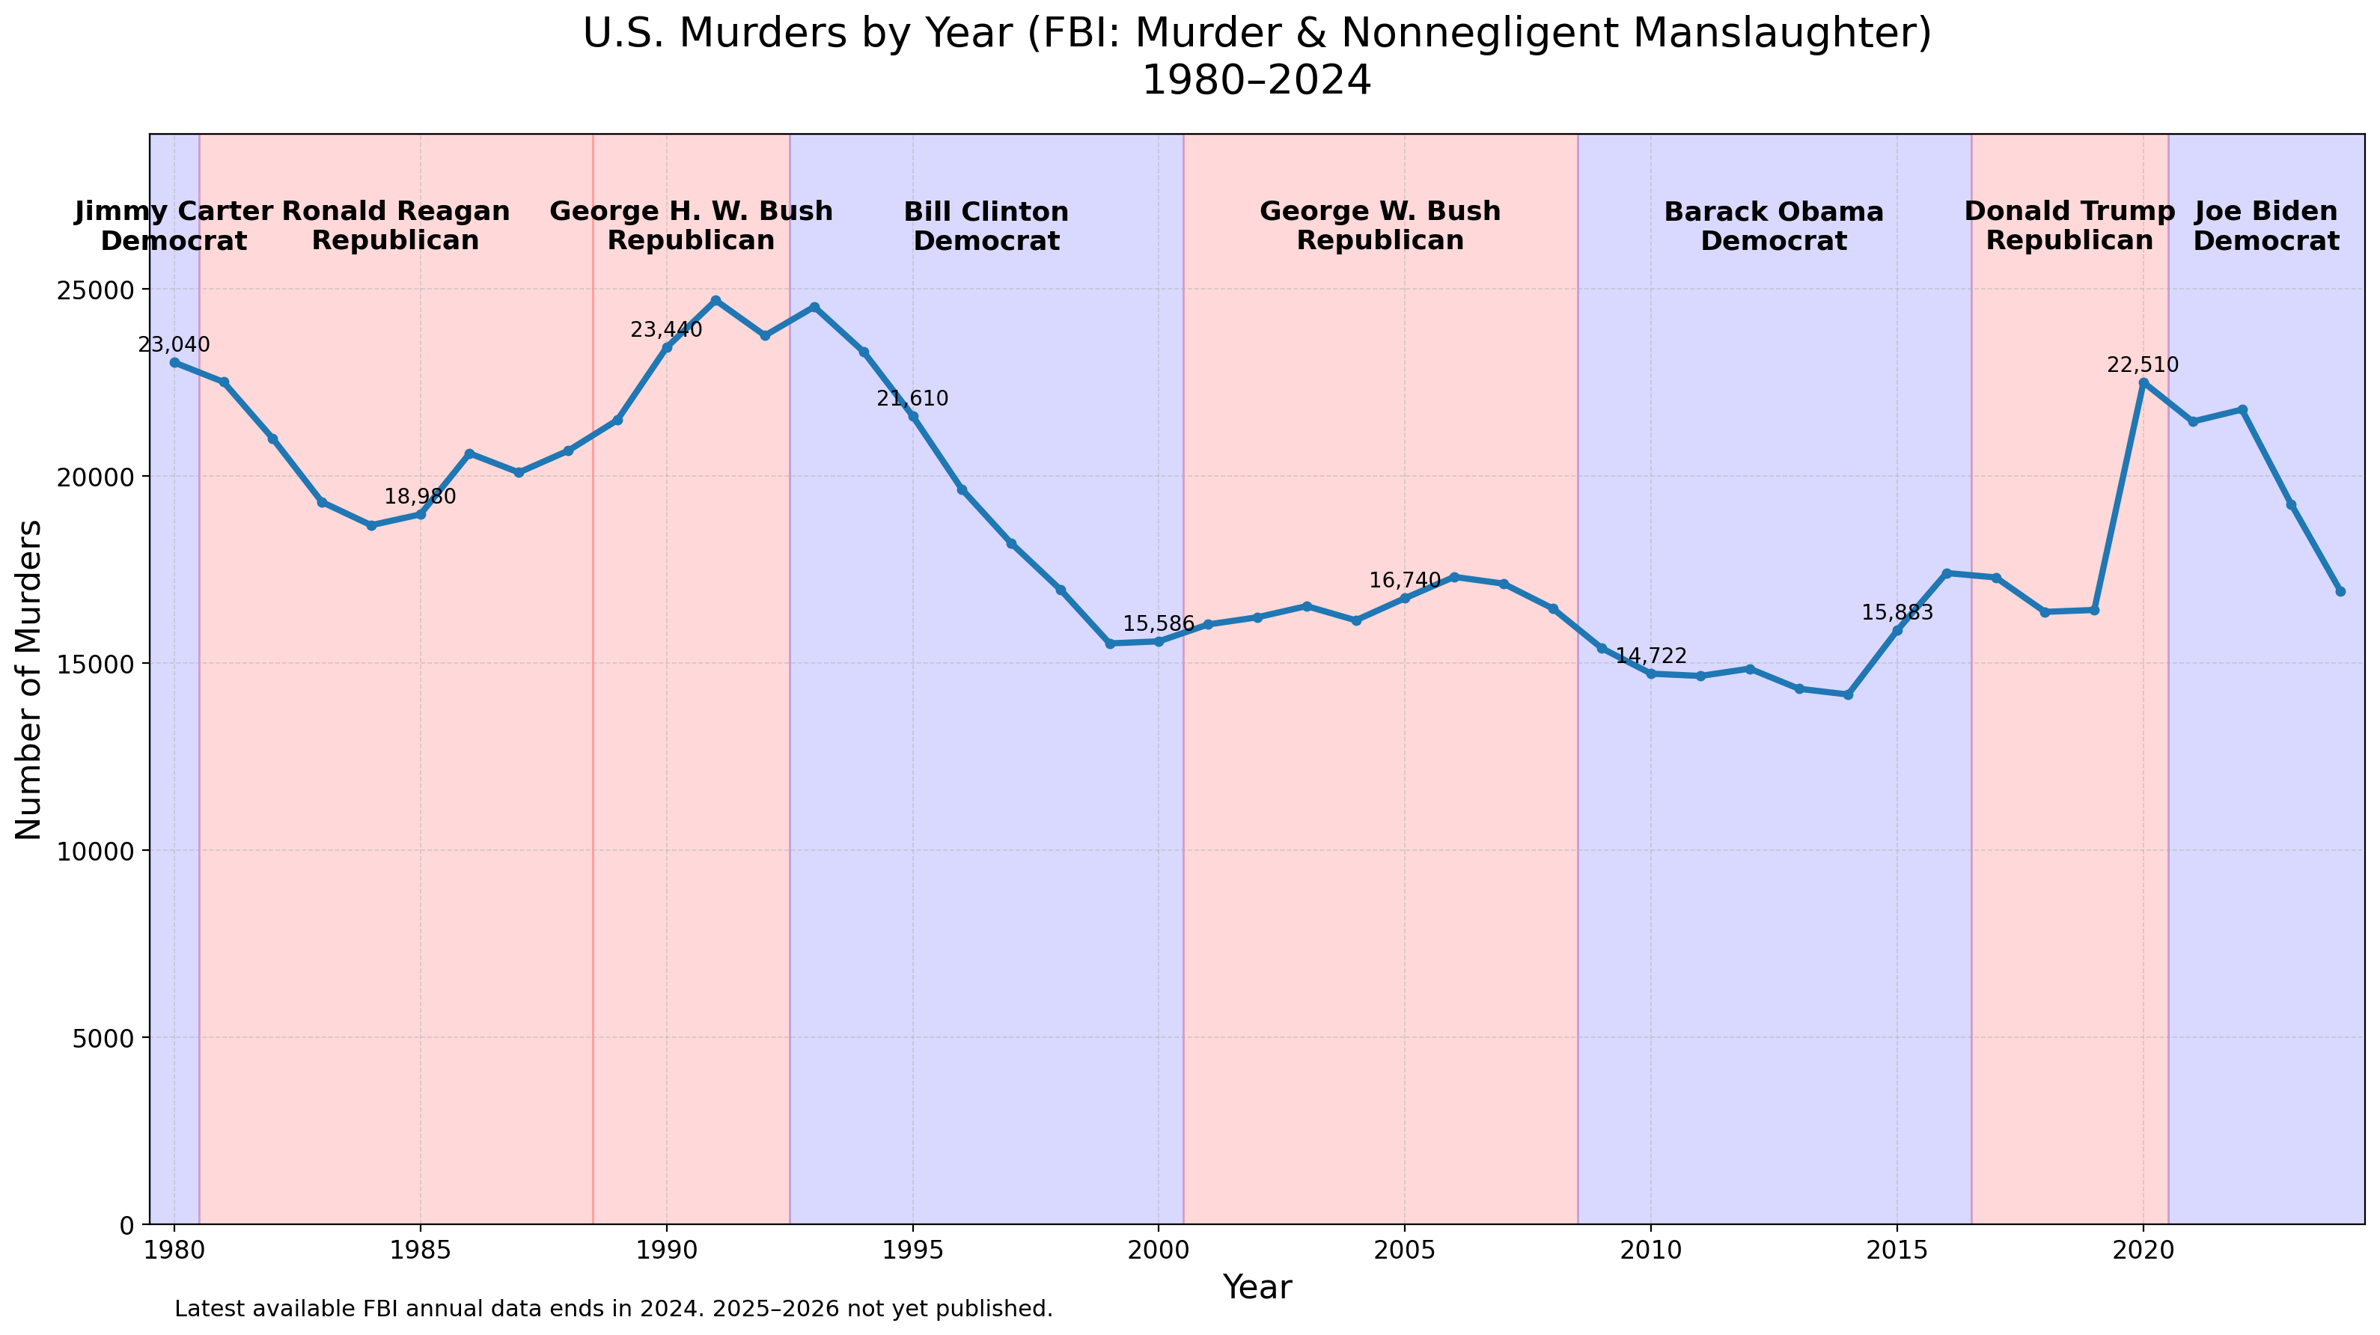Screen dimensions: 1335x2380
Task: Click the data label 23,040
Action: [x=174, y=346]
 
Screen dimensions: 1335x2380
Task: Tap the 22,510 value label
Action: [x=2143, y=366]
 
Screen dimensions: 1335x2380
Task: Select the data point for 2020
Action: [x=2143, y=382]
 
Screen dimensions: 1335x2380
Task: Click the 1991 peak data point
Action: [x=715, y=300]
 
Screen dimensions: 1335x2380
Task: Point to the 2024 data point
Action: [x=2340, y=591]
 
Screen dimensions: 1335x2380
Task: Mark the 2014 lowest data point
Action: [x=1848, y=694]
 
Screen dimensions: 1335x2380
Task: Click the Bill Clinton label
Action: [x=986, y=213]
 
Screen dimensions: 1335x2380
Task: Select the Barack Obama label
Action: [x=1773, y=213]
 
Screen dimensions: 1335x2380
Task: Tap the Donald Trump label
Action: [x=2069, y=212]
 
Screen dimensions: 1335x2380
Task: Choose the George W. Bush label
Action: [x=1379, y=212]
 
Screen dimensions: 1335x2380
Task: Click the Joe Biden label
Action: [x=2265, y=212]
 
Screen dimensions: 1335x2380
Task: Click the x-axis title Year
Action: [x=1257, y=1287]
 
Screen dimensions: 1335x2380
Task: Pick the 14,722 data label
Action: [x=1650, y=657]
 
